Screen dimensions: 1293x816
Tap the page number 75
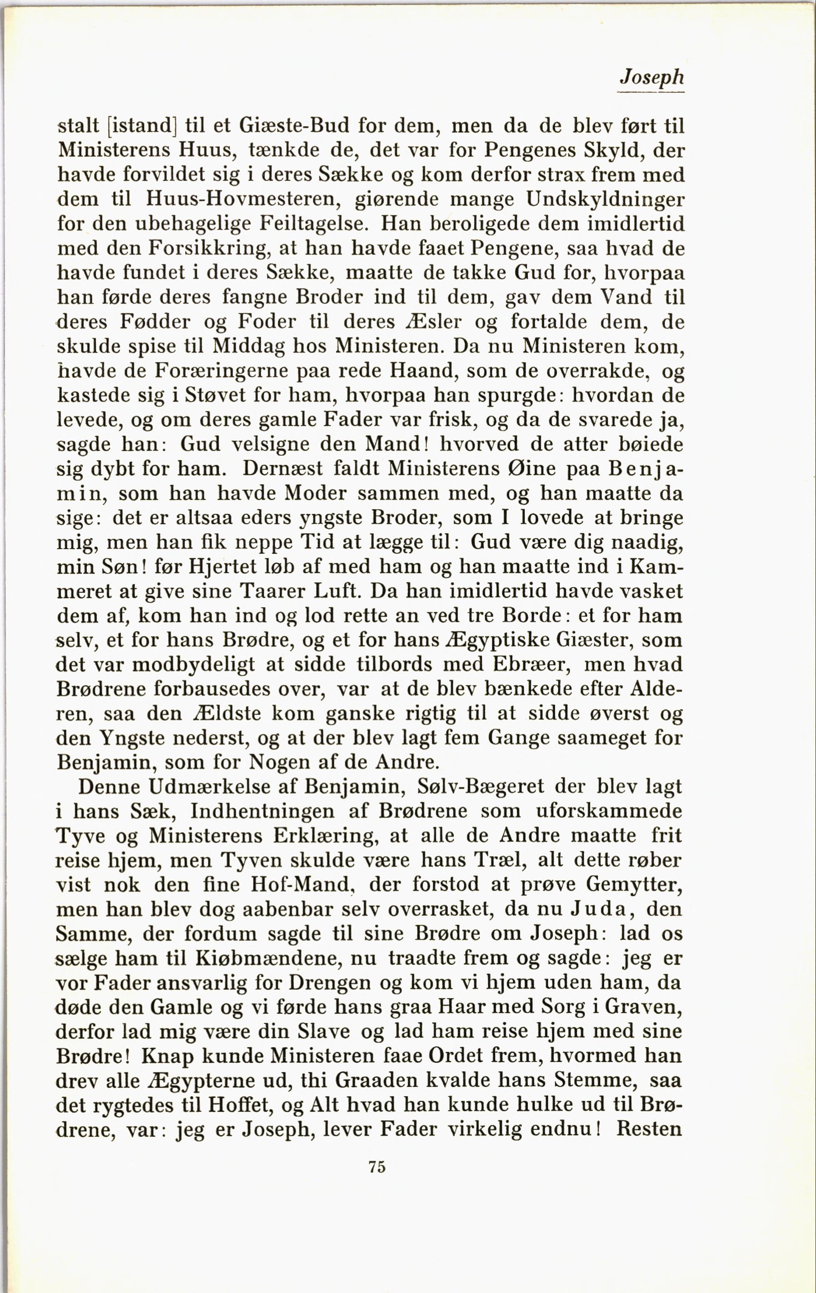pos(377,1166)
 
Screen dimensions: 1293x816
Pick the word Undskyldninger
pos(605,200)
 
